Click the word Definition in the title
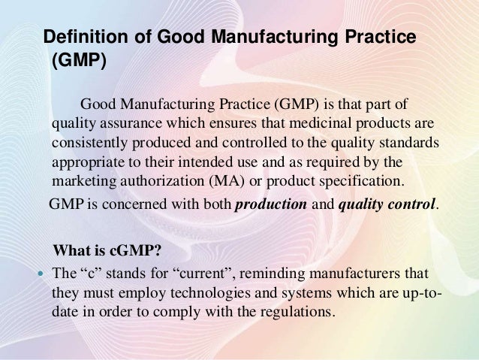point(86,36)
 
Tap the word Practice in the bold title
point(381,36)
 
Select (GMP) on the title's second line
point(79,59)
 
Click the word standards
point(409,143)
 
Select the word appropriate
point(89,163)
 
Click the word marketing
point(84,181)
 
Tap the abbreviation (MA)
point(227,181)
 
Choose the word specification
point(362,181)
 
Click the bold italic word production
point(271,204)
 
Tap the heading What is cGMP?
point(107,250)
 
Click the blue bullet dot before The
point(41,273)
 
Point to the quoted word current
point(205,273)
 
